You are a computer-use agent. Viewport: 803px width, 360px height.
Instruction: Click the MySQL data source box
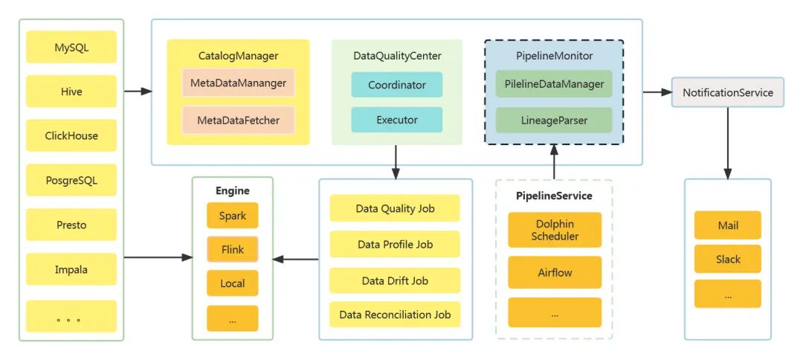(x=71, y=48)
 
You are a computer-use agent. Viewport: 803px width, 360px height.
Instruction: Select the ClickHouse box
(x=71, y=136)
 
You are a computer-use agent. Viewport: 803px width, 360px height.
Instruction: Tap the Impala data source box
(x=71, y=269)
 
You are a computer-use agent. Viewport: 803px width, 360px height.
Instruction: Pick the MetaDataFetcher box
(x=238, y=120)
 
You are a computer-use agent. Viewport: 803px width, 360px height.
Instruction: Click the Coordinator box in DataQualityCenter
(x=397, y=85)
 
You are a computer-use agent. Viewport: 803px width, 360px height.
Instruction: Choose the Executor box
(x=397, y=120)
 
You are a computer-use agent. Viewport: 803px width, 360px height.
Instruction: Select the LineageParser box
(x=554, y=120)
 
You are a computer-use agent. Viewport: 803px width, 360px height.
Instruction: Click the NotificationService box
(x=727, y=92)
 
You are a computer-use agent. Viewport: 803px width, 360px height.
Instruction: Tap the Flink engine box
(x=233, y=250)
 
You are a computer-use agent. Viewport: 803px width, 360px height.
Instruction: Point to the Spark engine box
(x=233, y=216)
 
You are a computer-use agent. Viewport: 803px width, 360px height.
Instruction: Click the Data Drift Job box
(x=395, y=280)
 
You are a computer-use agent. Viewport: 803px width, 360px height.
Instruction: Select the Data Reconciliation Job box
(x=395, y=315)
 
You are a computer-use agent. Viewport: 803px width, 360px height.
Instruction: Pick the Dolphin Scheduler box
(x=555, y=230)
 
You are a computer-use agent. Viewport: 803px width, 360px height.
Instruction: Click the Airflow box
(x=555, y=272)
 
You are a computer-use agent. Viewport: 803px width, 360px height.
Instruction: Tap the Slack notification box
(x=728, y=259)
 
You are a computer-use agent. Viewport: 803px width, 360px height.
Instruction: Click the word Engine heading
(x=233, y=190)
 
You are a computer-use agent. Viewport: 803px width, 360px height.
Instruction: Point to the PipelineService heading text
(x=554, y=196)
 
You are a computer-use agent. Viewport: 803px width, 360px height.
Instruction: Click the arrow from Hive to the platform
(x=138, y=91)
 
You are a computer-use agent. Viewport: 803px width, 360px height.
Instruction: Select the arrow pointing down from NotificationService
(x=727, y=141)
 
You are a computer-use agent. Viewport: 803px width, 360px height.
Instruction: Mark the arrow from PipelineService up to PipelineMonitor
(x=554, y=161)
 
